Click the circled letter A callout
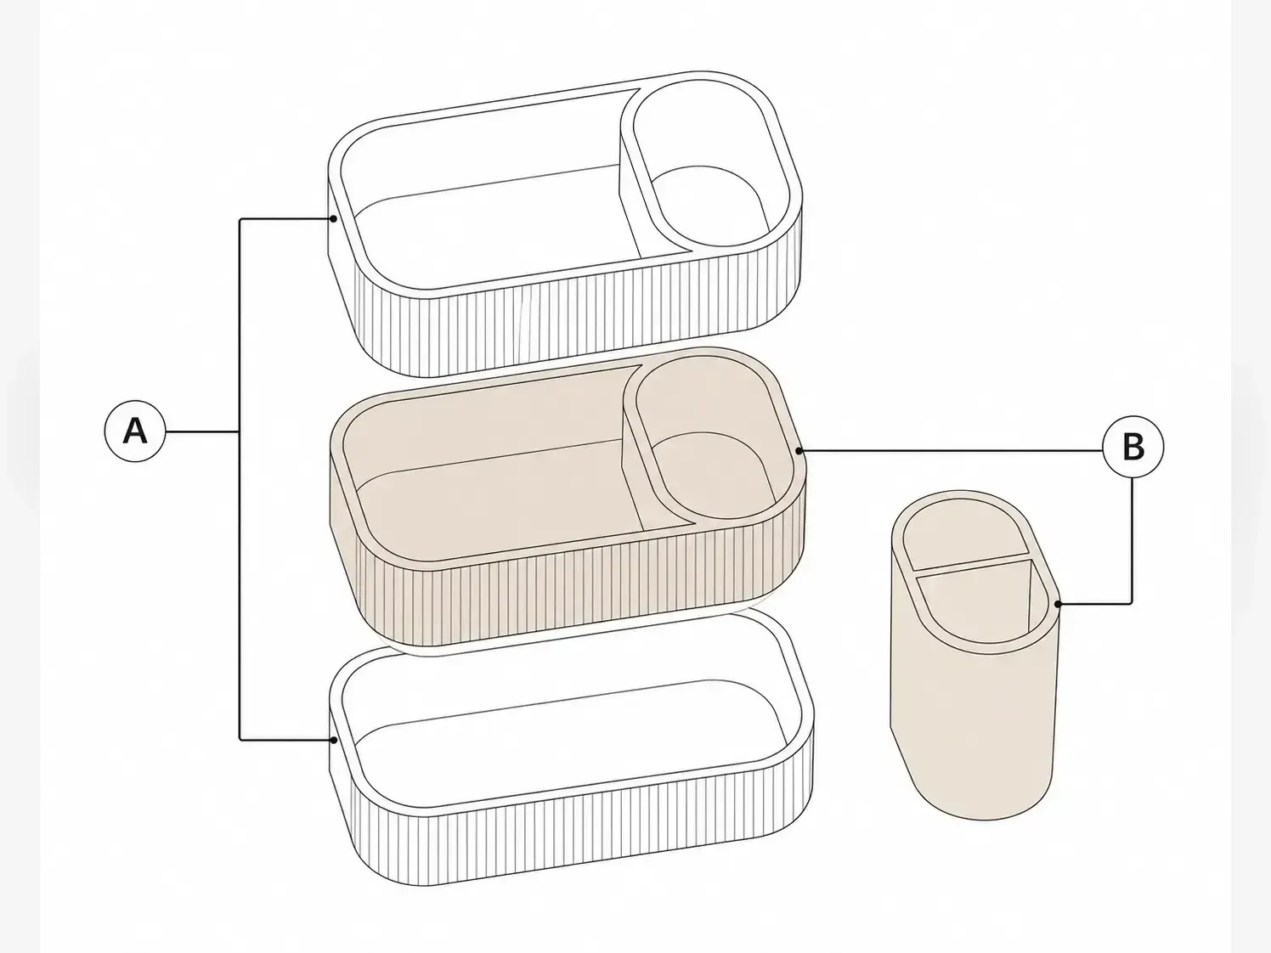[x=135, y=431]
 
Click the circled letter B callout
[x=1133, y=447]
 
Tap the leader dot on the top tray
[x=334, y=219]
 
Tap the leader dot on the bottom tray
[x=334, y=740]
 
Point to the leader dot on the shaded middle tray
[x=799, y=450]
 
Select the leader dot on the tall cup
[x=1058, y=604]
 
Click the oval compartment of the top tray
[x=711, y=168]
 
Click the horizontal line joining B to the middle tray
[x=951, y=450]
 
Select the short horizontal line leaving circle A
[x=203, y=431]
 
